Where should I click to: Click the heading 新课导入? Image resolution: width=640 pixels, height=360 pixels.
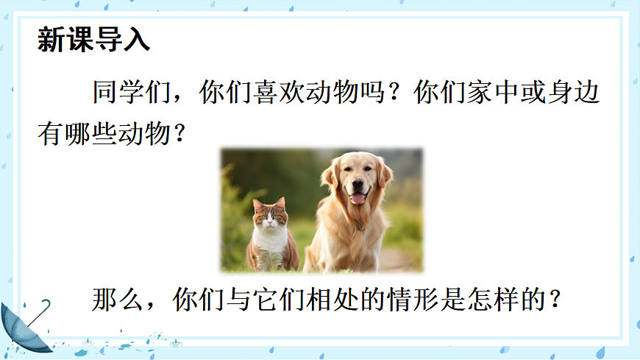93,40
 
